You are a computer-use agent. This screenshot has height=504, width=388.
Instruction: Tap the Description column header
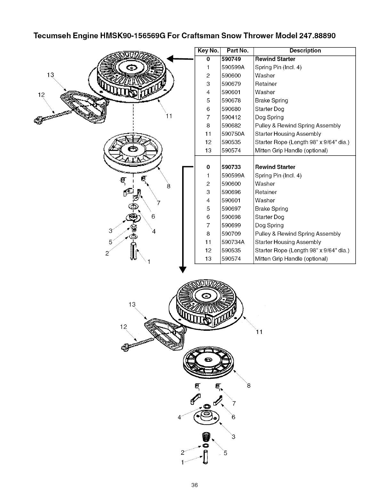tap(305, 51)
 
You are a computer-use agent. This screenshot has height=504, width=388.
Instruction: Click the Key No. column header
tap(208, 51)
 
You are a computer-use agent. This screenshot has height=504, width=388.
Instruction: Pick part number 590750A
tap(233, 134)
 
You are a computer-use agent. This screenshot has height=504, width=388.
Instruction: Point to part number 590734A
tap(233, 242)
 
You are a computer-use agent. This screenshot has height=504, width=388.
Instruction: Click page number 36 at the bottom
tap(194, 485)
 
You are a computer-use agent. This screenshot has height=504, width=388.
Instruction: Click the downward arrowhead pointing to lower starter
tap(182, 269)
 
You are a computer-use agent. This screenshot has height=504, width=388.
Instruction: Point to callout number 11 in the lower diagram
tap(259, 332)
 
